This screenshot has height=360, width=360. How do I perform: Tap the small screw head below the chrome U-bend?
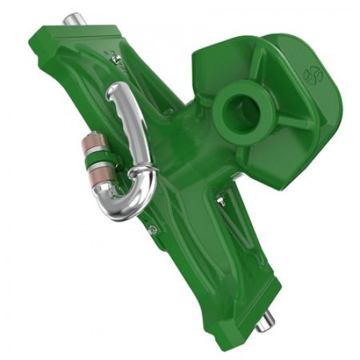click(x=152, y=230)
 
